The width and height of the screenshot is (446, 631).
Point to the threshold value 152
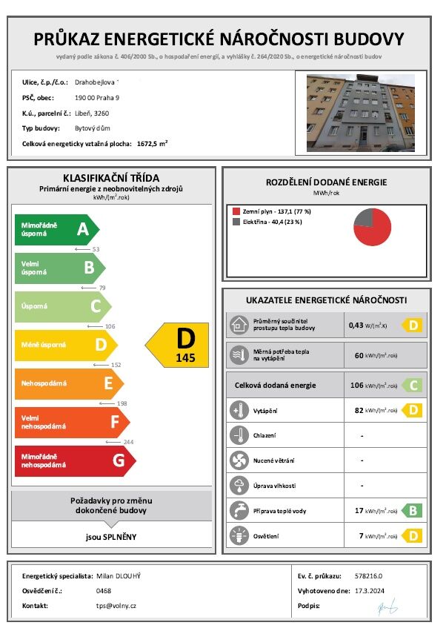coord(115,365)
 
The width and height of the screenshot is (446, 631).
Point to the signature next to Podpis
coord(385,607)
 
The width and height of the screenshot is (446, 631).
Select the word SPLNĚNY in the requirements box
coord(120,536)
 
